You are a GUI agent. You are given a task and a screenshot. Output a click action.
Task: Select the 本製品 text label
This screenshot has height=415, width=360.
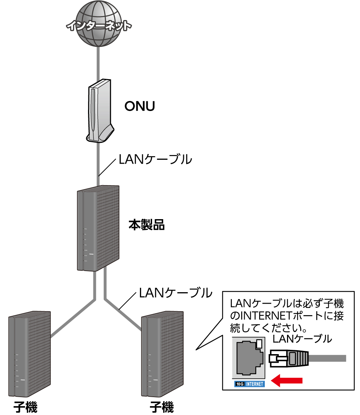point(146,225)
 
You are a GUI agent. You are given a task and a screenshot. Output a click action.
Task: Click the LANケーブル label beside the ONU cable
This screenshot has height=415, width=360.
point(155,159)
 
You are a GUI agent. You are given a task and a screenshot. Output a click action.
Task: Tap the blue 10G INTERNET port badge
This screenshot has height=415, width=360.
point(249,384)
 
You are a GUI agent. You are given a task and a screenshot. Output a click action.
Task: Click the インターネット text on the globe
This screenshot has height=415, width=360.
point(99,25)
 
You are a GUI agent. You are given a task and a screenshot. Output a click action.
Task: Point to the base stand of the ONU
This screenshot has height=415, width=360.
point(102,135)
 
